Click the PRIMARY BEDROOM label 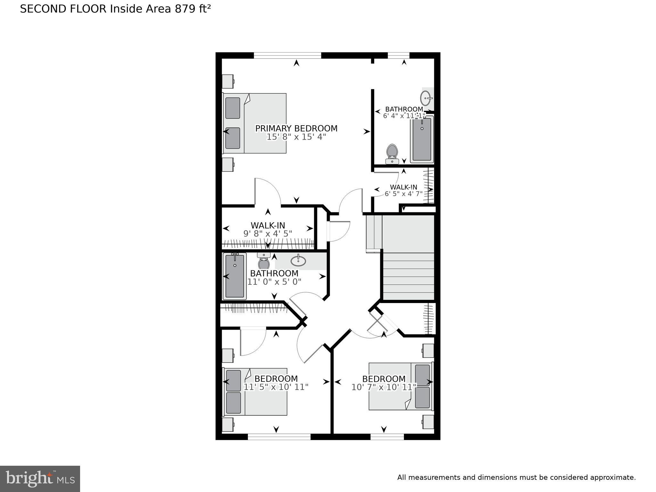tap(296, 128)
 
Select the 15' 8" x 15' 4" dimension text tap(296, 137)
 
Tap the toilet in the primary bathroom tap(392, 153)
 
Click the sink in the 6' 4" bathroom tap(426, 98)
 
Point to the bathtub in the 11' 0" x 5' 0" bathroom tap(235, 276)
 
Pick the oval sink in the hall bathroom tap(298, 260)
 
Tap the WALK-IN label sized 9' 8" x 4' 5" tap(268, 225)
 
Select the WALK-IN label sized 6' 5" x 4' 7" tap(403, 187)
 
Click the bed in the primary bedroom tap(255, 123)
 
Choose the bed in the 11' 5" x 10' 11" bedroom tap(255, 391)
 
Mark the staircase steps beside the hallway tap(408, 276)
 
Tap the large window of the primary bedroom tap(287, 55)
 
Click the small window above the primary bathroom tap(398, 55)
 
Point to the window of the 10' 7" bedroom tap(387, 437)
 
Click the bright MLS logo tap(40, 479)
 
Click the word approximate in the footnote tap(613, 478)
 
